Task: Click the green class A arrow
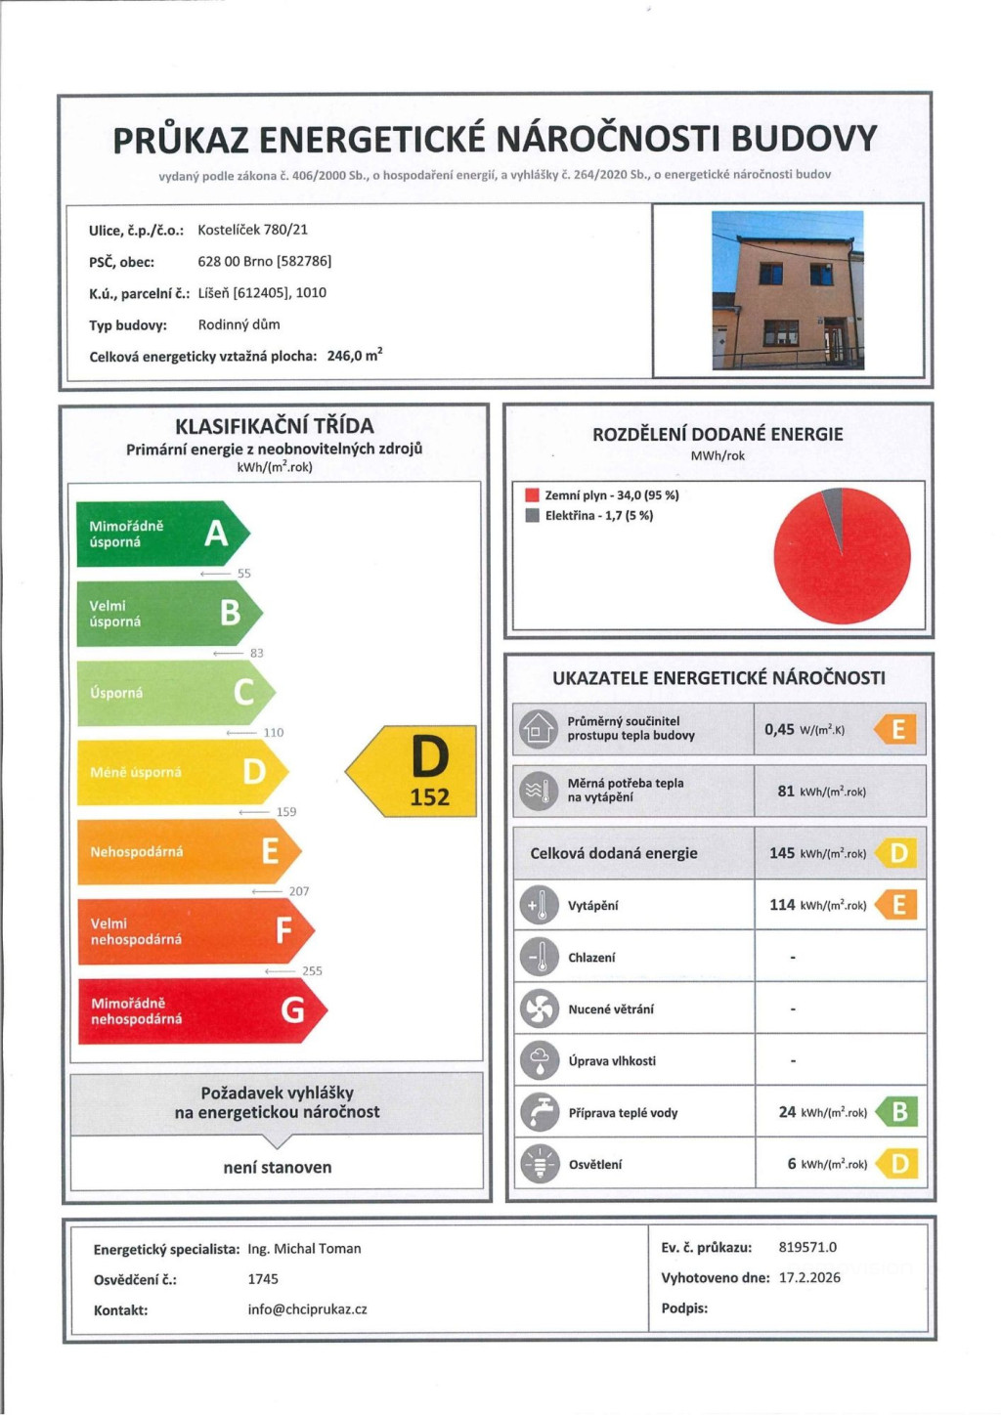coord(161,534)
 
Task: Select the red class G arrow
coord(200,1010)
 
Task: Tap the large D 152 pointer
coord(415,771)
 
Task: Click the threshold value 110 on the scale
coord(274,732)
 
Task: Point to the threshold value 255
coord(312,970)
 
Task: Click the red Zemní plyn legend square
coord(533,495)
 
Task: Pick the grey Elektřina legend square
coord(533,515)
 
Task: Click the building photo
coord(788,289)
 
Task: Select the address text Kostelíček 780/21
coord(252,230)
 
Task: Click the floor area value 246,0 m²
coord(354,356)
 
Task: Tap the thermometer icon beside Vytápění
coord(539,905)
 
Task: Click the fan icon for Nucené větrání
coord(539,1008)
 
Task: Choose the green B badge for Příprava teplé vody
coord(898,1112)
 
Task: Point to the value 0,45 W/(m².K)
coord(804,729)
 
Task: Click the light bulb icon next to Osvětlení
coord(539,1164)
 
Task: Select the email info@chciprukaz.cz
coord(307,1308)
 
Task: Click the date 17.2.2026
coord(809,1277)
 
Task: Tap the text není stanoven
coord(278,1167)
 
